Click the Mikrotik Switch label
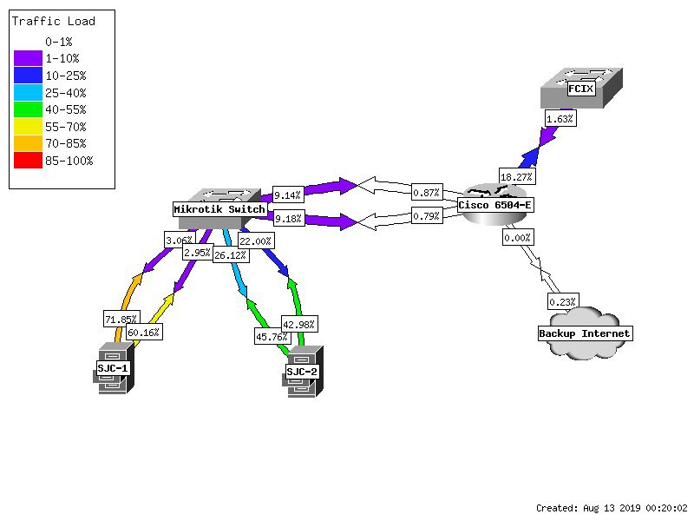point(219,209)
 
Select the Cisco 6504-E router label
point(494,205)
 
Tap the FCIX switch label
point(580,89)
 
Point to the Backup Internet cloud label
point(584,333)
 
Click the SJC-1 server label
point(113,368)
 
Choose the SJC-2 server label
point(302,372)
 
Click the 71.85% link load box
point(121,319)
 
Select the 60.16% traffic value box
point(144,333)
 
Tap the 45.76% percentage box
point(272,337)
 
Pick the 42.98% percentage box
point(299,324)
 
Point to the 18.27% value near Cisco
point(517,177)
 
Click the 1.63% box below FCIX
point(560,119)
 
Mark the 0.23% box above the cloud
point(563,301)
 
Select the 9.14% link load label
point(288,195)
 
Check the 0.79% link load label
point(427,216)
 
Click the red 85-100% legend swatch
point(28,161)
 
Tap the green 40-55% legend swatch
point(28,109)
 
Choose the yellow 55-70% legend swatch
point(28,127)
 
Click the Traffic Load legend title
point(54,21)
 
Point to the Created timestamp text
point(612,508)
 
